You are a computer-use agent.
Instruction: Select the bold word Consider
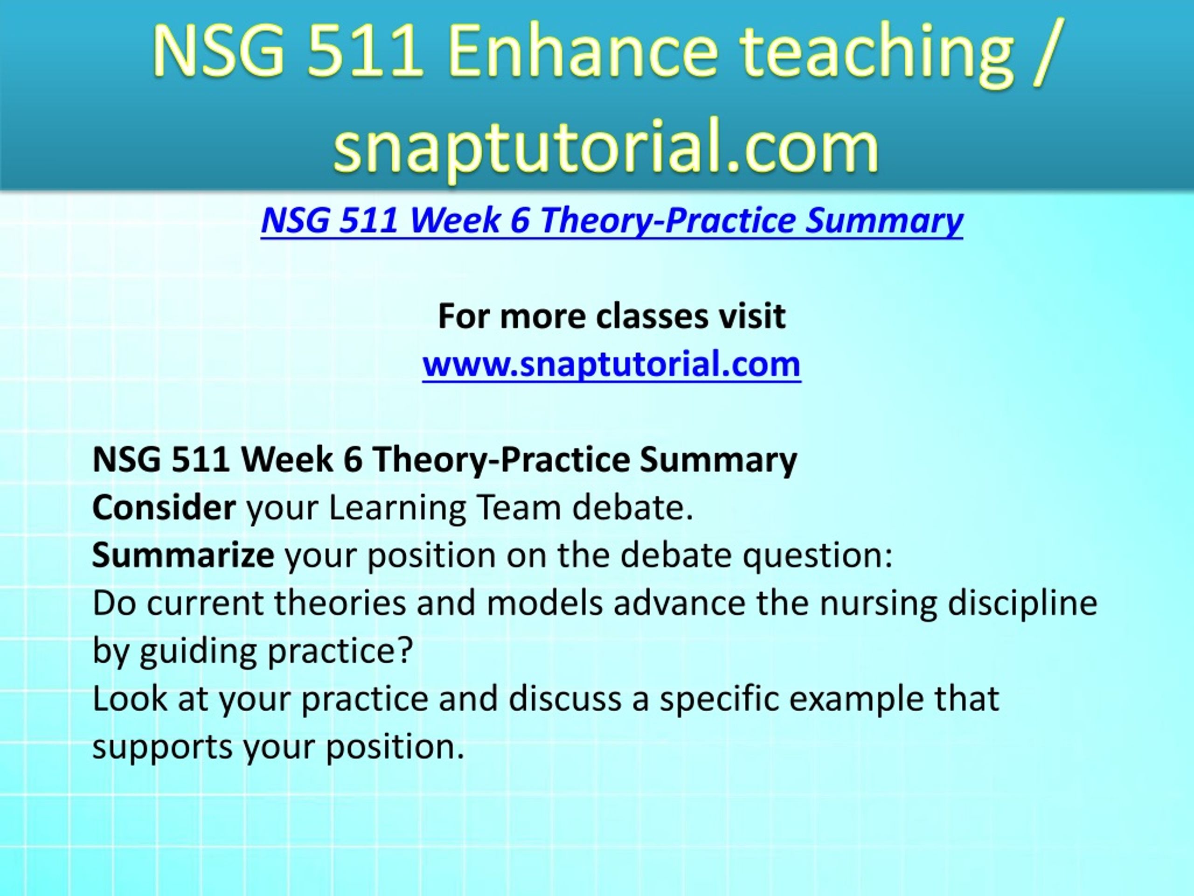[164, 508]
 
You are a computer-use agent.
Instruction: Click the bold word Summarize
[183, 555]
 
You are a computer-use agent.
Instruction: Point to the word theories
[340, 603]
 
